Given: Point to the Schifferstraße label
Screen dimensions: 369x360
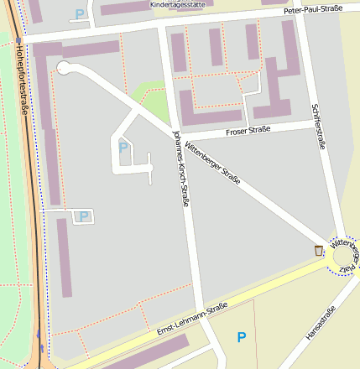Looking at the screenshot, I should pyautogui.click(x=318, y=127).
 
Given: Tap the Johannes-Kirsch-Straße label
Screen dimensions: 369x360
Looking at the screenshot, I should pyautogui.click(x=180, y=168).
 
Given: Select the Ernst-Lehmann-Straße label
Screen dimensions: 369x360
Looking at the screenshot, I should pyautogui.click(x=192, y=320).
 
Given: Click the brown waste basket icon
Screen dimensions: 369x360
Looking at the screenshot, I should pyautogui.click(x=317, y=250).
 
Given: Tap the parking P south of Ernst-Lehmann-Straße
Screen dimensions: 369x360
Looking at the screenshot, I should pyautogui.click(x=242, y=337).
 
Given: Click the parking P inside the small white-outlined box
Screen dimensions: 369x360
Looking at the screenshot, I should pyautogui.click(x=83, y=216).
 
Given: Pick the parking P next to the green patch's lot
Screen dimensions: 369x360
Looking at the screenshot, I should pyautogui.click(x=123, y=148).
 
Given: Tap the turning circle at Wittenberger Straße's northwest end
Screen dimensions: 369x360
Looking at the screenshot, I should pyautogui.click(x=64, y=68).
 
